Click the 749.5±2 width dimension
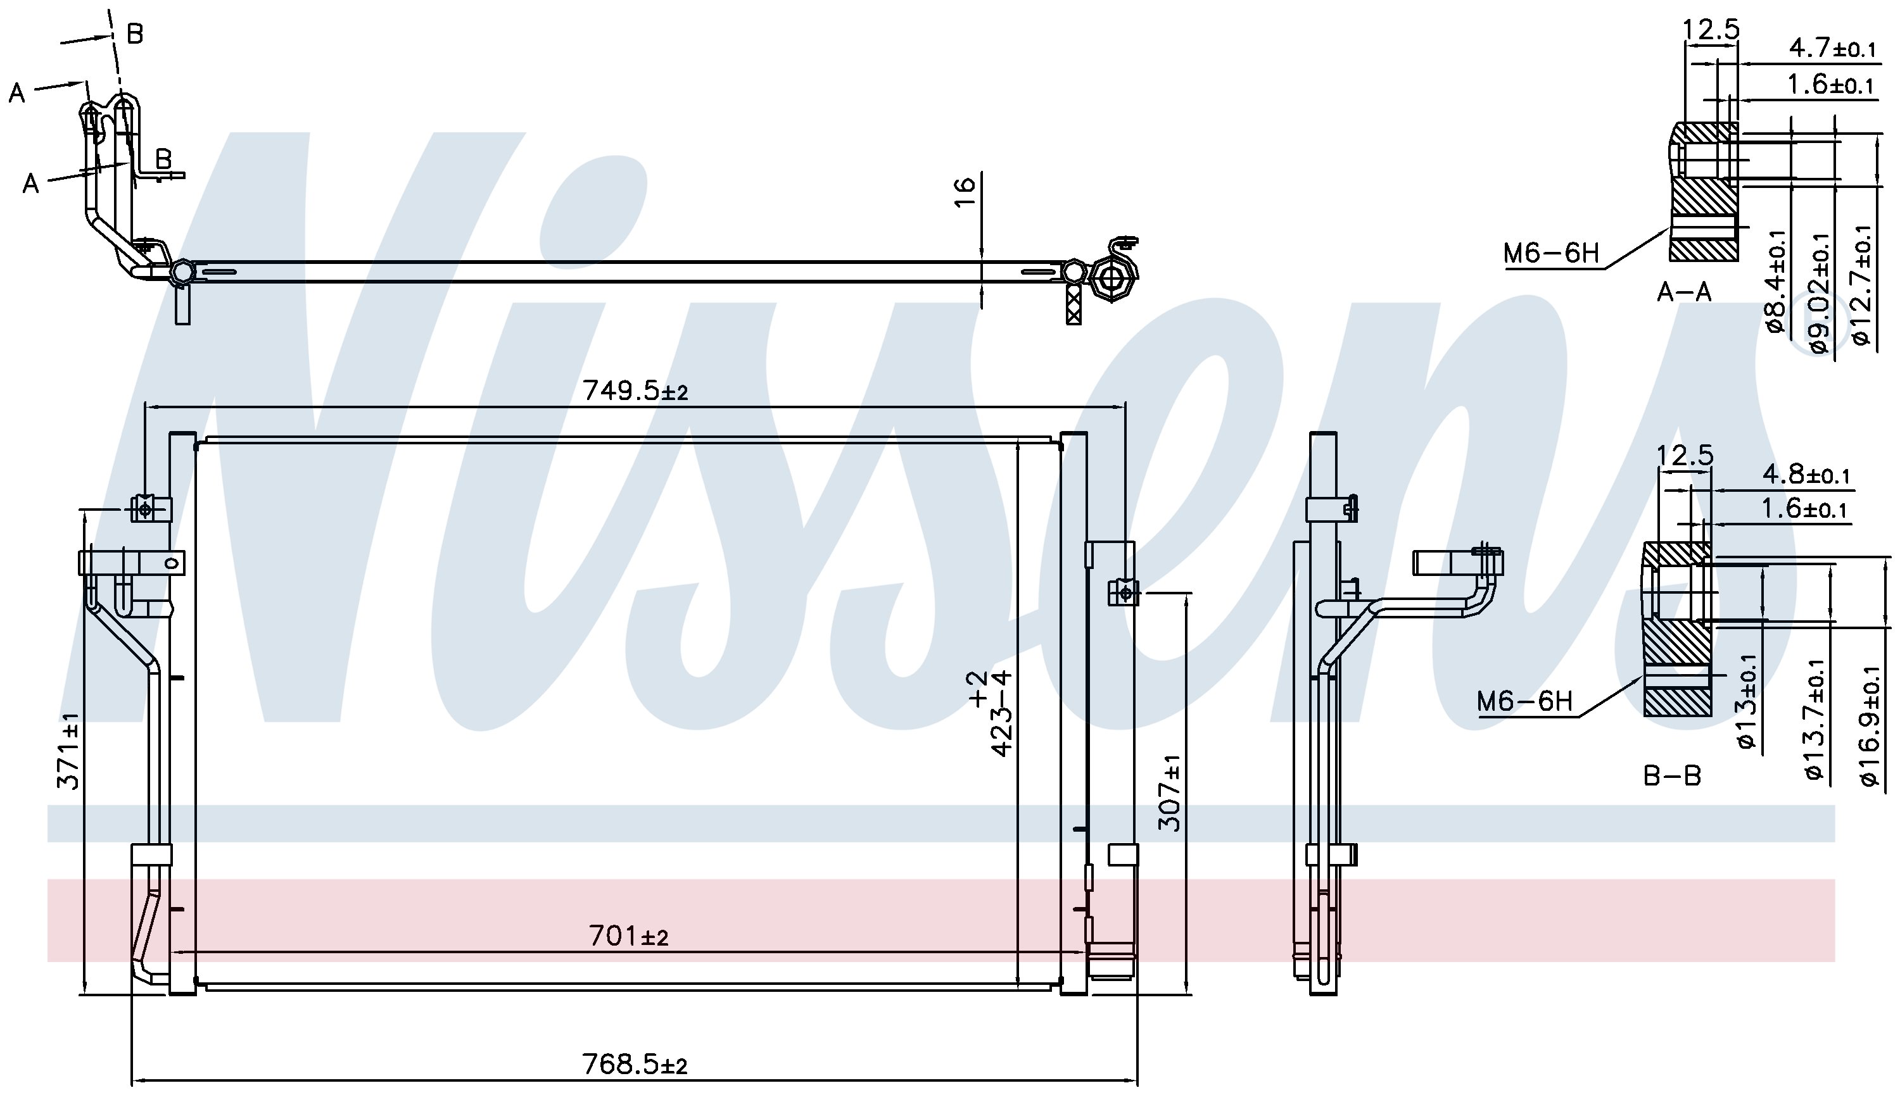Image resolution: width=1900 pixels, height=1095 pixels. tap(635, 391)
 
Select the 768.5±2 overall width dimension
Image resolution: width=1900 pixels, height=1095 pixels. tap(635, 1064)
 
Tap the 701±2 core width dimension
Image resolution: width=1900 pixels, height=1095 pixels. tap(628, 935)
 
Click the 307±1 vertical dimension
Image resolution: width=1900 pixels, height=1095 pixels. tap(1168, 792)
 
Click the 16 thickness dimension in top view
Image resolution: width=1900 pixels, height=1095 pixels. tap(964, 191)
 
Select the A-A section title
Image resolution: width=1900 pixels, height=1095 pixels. tap(1684, 292)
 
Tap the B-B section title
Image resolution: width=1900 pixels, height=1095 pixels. tap(1672, 775)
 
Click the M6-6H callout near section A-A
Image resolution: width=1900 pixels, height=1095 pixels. tap(1551, 253)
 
